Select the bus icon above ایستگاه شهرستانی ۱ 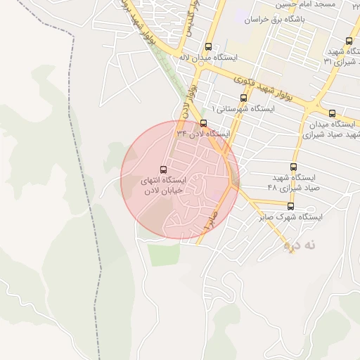[243, 98]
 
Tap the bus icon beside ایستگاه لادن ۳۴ [204, 123]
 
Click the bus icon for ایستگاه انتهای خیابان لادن [164, 169]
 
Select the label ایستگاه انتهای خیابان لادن [162, 186]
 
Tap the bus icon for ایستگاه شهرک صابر [290, 206]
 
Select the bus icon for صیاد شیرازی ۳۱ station [349, 40]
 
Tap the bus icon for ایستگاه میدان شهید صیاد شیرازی [332, 113]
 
